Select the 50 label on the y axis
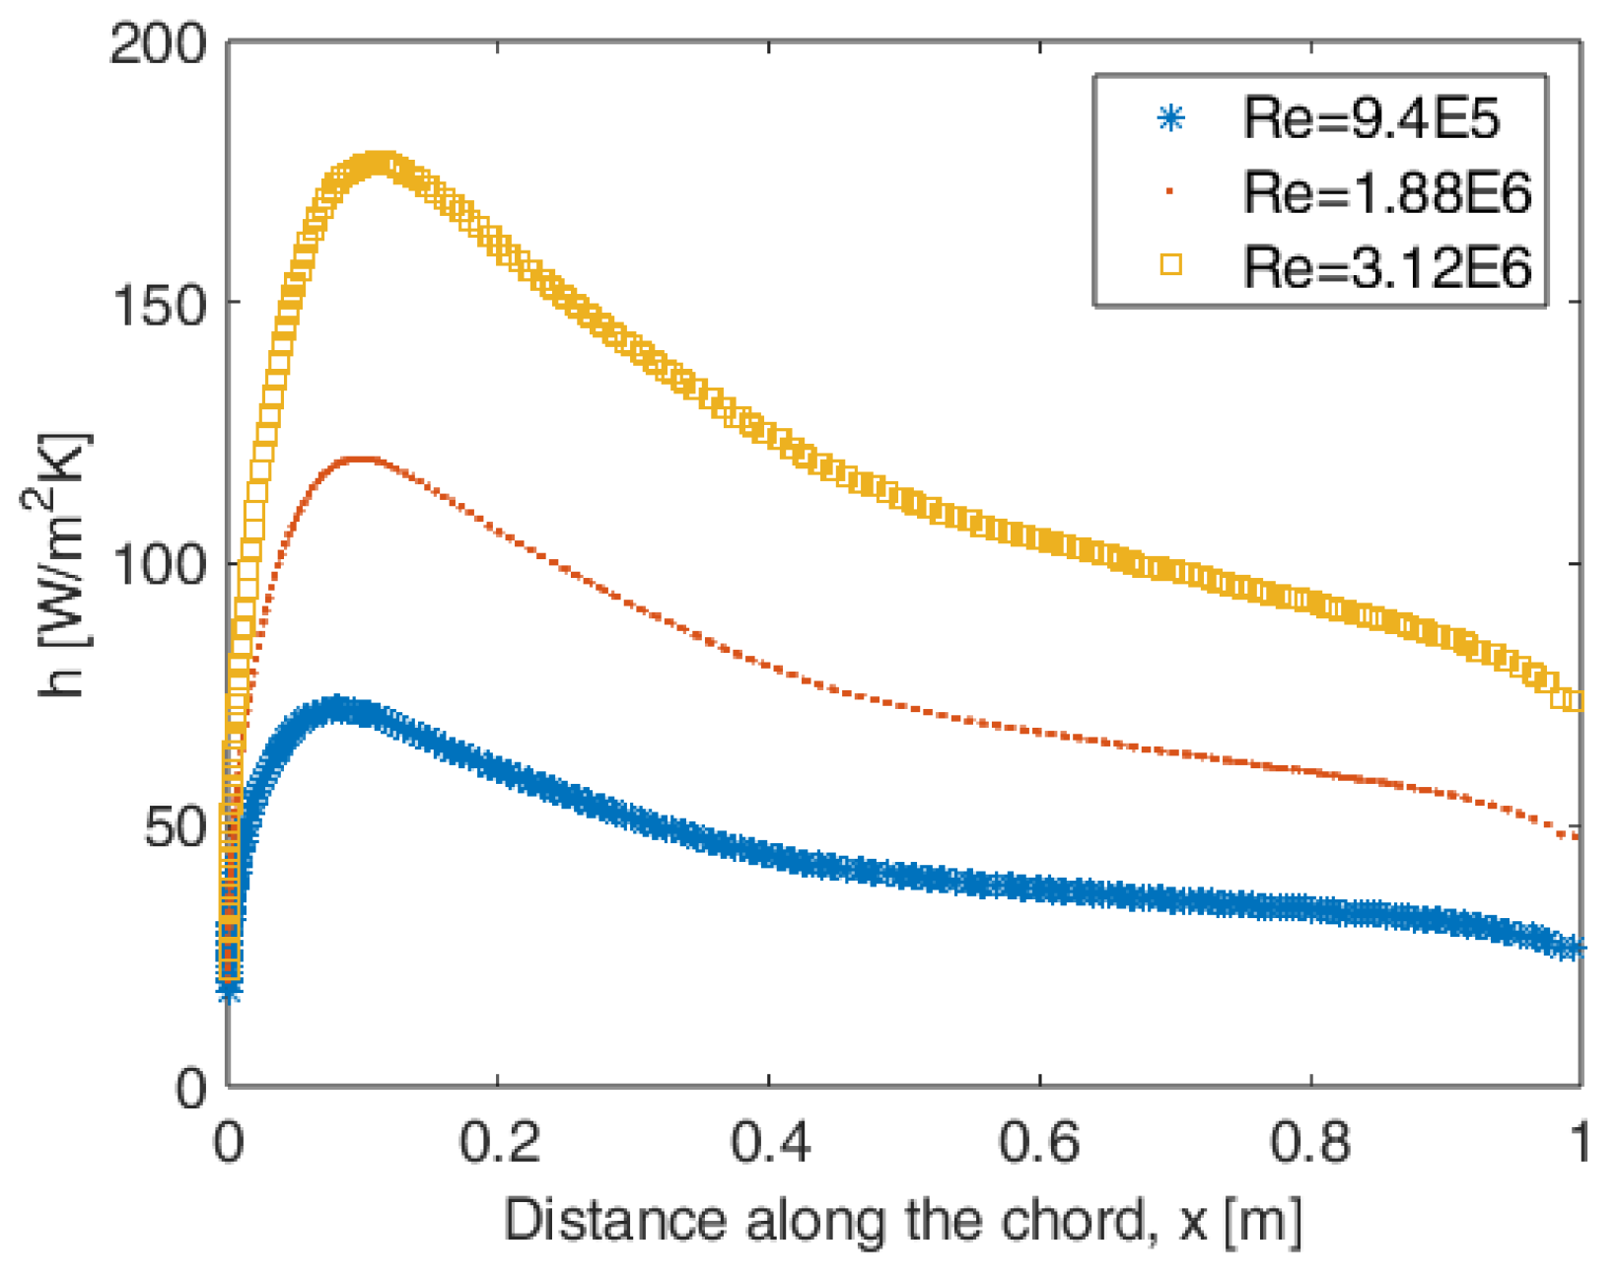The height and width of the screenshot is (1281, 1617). (x=175, y=826)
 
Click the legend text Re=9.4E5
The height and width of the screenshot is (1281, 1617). (x=1371, y=119)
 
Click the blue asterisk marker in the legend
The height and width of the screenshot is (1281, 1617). (x=1170, y=119)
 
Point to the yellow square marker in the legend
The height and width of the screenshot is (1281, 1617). (x=1170, y=264)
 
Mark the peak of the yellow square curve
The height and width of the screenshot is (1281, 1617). (x=377, y=164)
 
